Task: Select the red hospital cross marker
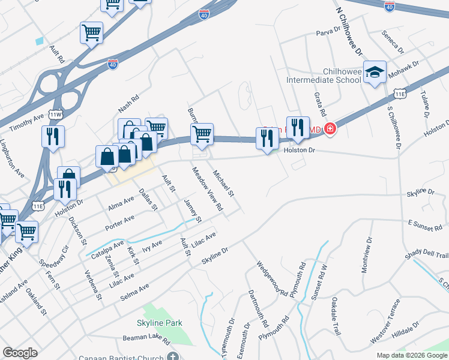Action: tap(330, 128)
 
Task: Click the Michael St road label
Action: tap(223, 184)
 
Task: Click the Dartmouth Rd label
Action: tap(259, 308)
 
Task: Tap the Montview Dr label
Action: tap(367, 255)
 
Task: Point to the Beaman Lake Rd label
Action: tap(146, 340)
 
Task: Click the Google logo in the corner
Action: tap(20, 353)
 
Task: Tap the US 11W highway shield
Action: tap(56, 114)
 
